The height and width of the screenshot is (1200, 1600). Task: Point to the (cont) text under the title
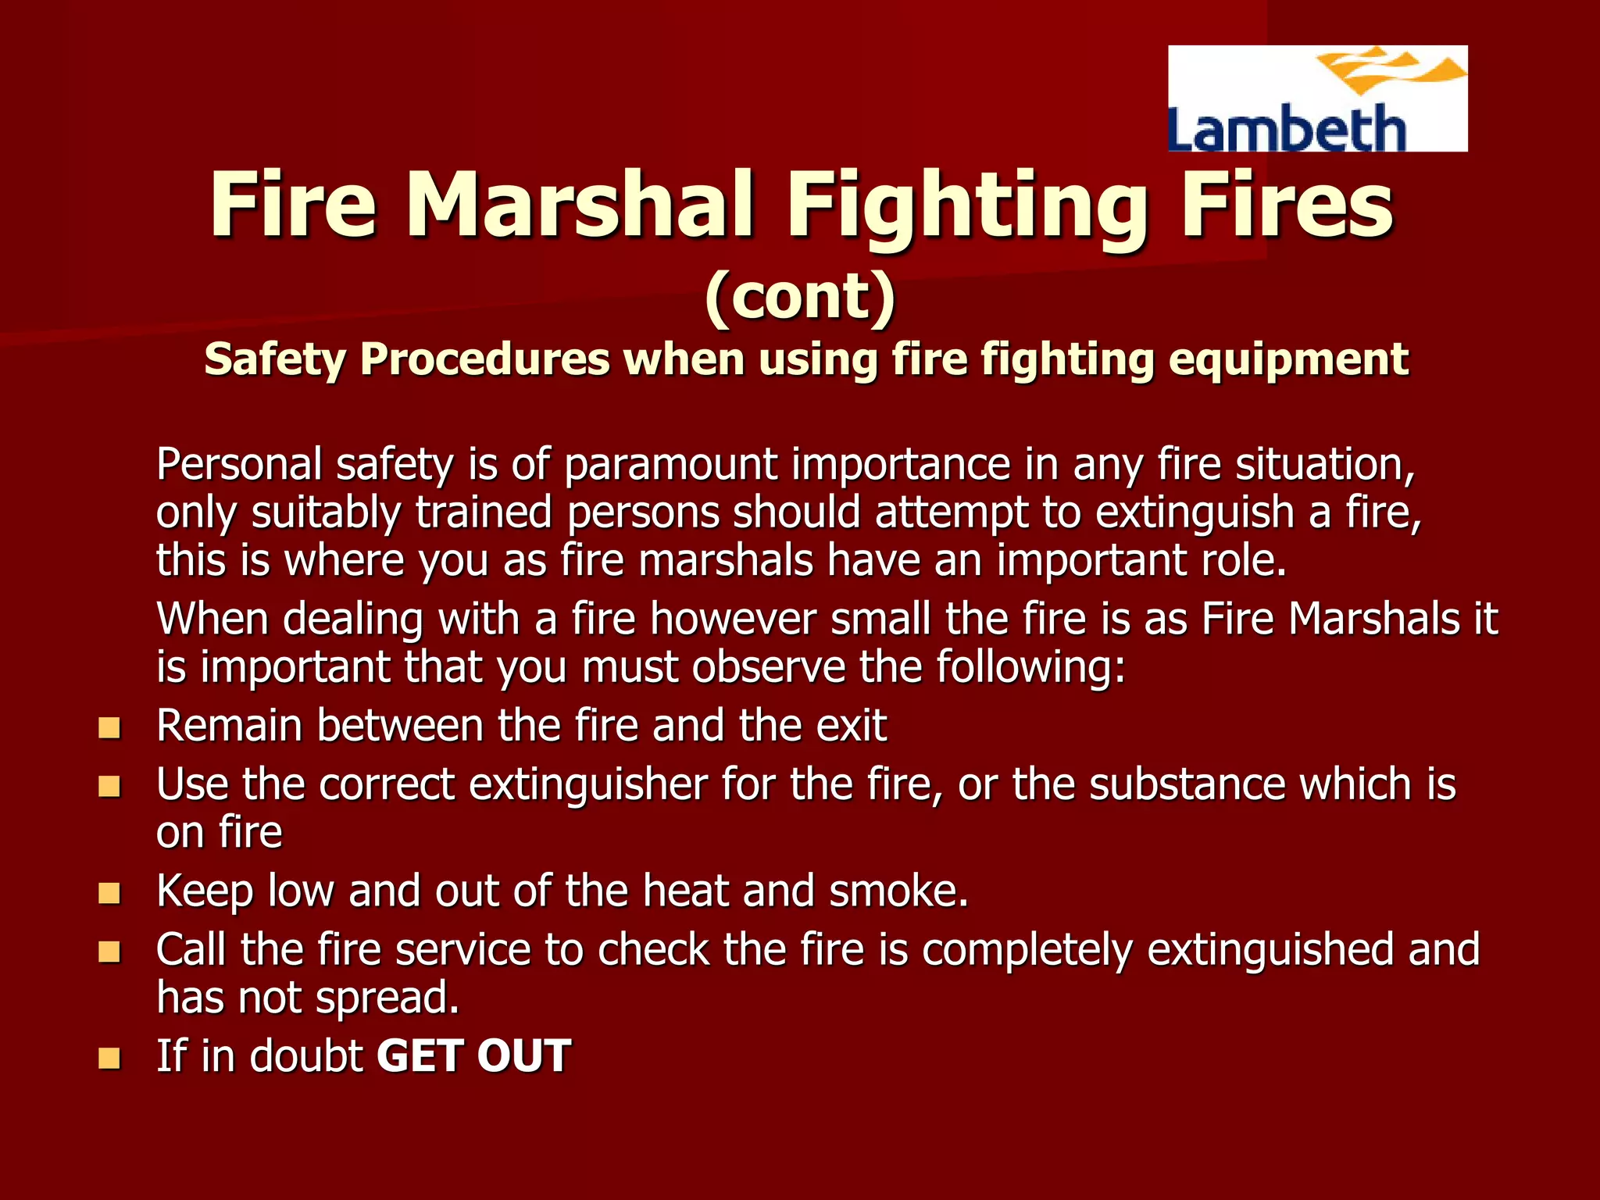point(799,296)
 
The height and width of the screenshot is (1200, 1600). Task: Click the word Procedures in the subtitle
point(484,360)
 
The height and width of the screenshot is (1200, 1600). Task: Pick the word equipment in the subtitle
point(1288,360)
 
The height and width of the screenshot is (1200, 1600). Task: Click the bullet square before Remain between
point(109,728)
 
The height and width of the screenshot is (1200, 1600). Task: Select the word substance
point(1187,784)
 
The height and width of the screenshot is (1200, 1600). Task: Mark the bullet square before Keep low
point(109,893)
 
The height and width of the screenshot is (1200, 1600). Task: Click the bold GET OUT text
point(473,1056)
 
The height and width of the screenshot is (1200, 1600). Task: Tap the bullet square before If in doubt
point(109,1059)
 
